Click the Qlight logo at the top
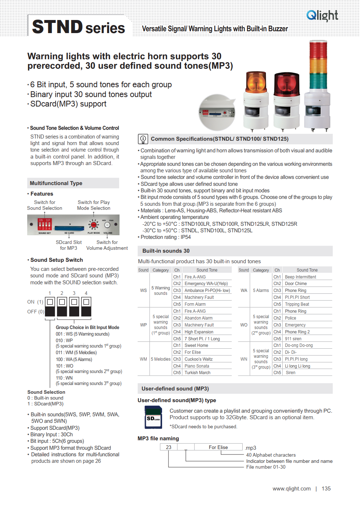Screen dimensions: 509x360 coord(322,16)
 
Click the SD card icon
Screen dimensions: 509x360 coord(153,417)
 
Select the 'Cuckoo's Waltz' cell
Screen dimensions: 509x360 coord(198,359)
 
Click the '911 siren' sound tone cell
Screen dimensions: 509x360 coord(293,339)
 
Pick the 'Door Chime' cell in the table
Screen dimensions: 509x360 coord(296,284)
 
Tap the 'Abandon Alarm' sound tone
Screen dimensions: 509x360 coord(198,318)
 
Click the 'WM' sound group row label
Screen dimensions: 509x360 coord(143,359)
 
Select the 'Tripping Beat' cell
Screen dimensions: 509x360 coord(297,304)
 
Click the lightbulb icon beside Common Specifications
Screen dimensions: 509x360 coord(143,139)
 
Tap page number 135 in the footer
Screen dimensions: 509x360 coord(326,489)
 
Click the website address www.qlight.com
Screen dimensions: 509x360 coord(292,489)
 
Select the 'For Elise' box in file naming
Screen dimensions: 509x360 coord(218,447)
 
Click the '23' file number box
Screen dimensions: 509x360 coord(169,447)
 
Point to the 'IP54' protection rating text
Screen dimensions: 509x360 coord(186,237)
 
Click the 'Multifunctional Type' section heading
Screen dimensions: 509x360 coord(56,183)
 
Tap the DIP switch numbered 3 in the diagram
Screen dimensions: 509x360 coord(74,306)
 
